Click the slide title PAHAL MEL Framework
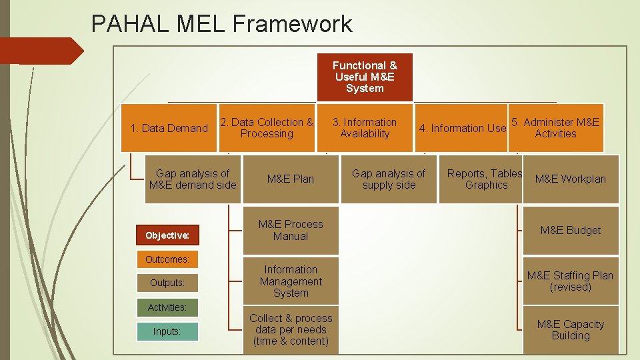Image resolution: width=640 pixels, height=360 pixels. pyautogui.click(x=221, y=24)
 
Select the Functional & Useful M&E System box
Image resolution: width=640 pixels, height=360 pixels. pyautogui.click(x=365, y=77)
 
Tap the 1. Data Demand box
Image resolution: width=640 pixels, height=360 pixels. pyautogui.click(x=169, y=128)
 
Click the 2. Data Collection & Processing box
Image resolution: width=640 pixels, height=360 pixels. pyautogui.click(x=267, y=128)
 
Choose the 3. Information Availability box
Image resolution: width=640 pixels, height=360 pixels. pyautogui.click(x=365, y=128)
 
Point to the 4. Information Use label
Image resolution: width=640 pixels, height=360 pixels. pyautogui.click(x=462, y=128)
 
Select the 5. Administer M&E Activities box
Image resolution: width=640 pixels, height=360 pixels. pyautogui.click(x=555, y=127)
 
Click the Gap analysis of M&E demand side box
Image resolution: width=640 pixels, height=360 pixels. pyautogui.click(x=193, y=179)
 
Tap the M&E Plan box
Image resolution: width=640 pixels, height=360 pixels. pyautogui.click(x=290, y=179)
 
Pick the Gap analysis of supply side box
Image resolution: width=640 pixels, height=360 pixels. pyautogui.click(x=389, y=179)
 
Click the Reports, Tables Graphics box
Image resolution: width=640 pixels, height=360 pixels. pyautogui.click(x=485, y=179)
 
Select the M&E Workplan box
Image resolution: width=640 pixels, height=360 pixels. pyautogui.click(x=571, y=179)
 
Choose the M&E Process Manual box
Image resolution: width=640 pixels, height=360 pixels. pyautogui.click(x=290, y=231)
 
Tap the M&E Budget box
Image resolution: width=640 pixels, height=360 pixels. pyautogui.click(x=571, y=231)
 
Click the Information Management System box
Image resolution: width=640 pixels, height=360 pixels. pyautogui.click(x=290, y=281)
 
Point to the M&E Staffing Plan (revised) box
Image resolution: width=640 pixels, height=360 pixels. pyautogui.click(x=571, y=281)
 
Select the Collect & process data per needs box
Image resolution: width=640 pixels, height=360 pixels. pyautogui.click(x=290, y=330)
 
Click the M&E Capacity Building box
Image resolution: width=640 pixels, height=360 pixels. pyautogui.click(x=571, y=330)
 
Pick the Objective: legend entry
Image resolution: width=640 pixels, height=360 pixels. pyautogui.click(x=167, y=235)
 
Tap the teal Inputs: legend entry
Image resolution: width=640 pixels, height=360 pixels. pyautogui.click(x=167, y=331)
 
